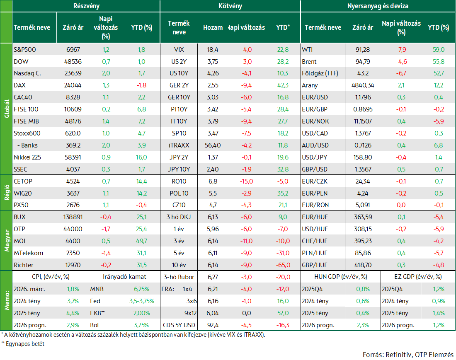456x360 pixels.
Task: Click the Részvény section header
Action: tap(86, 6)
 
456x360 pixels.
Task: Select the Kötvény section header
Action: tap(230, 6)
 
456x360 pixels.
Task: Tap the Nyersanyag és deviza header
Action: tap(378, 6)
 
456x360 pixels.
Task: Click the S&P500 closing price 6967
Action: tap(73, 50)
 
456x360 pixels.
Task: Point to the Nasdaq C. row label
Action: tap(27, 73)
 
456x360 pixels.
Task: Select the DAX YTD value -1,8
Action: tap(141, 85)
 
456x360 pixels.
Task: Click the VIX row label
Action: tap(179, 50)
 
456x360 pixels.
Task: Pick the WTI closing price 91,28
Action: tap(363, 50)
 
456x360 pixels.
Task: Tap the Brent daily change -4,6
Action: tap(401, 62)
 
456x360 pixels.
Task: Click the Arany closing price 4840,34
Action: tap(363, 85)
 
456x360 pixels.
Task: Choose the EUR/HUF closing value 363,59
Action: tap(363, 217)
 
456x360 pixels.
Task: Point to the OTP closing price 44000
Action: tap(73, 229)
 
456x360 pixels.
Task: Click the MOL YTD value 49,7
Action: tap(142, 241)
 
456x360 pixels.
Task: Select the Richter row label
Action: tap(24, 265)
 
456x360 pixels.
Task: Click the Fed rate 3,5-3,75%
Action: tap(142, 301)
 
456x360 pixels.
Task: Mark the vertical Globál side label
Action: tap(7, 109)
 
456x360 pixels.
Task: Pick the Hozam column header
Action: tap(213, 28)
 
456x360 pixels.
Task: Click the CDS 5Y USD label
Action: tap(179, 325)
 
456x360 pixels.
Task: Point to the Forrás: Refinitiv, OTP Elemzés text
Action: tap(408, 355)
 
